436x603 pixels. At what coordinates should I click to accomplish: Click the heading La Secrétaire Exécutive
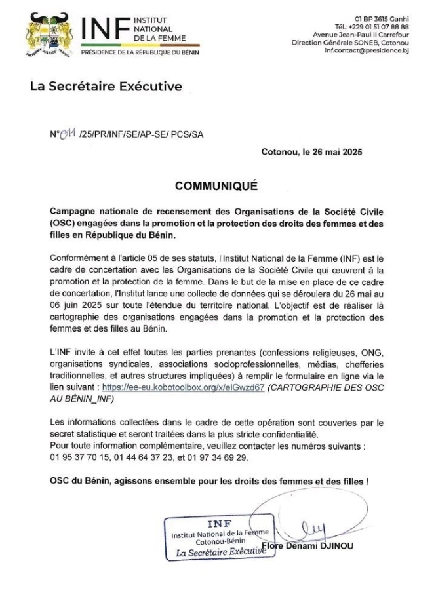point(106,87)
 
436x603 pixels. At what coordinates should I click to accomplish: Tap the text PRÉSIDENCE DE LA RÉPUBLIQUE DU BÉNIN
point(140,52)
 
